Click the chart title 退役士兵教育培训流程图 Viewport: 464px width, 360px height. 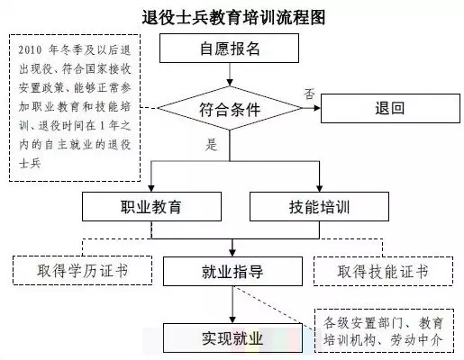(x=233, y=17)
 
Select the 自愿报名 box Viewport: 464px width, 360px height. (x=229, y=48)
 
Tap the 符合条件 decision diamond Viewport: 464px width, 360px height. (x=230, y=108)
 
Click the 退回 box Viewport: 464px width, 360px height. (x=390, y=108)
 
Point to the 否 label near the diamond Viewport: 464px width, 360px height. (x=309, y=94)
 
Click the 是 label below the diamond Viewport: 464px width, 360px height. (x=212, y=145)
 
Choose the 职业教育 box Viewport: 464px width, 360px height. (x=151, y=207)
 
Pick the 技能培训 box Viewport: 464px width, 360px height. (x=319, y=207)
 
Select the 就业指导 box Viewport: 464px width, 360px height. (x=232, y=271)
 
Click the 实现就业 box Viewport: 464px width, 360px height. (x=232, y=337)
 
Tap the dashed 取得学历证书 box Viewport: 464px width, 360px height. (x=83, y=270)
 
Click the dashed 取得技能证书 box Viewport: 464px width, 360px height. (x=383, y=271)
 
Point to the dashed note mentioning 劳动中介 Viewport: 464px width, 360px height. (x=384, y=330)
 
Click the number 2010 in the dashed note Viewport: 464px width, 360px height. (x=30, y=49)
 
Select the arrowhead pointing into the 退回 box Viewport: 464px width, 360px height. (x=317, y=108)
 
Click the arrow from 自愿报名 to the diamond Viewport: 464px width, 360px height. (x=230, y=75)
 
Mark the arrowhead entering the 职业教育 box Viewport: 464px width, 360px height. (x=151, y=188)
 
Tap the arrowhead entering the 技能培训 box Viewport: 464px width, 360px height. (x=319, y=188)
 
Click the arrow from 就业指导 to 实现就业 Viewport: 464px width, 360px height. (x=232, y=304)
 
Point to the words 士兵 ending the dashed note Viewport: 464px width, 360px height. (x=30, y=164)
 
